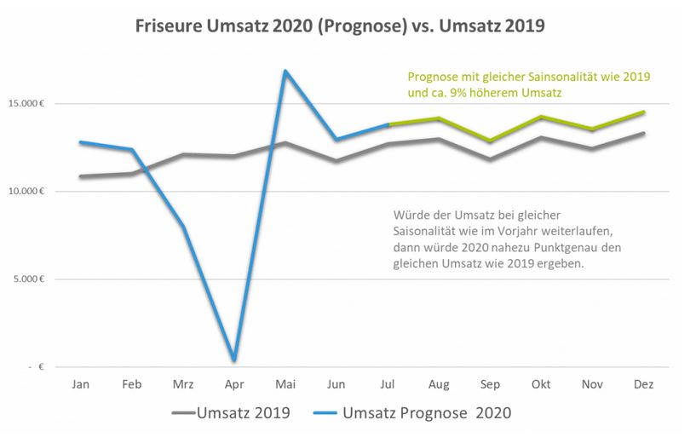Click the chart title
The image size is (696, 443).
[x=340, y=26]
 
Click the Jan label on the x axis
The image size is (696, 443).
[x=81, y=385]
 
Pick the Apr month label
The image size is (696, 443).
[x=233, y=385]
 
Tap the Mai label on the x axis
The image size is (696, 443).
[x=285, y=385]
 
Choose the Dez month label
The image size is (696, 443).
[x=644, y=385]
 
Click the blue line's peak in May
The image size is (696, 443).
[x=285, y=71]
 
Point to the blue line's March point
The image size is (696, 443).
[x=183, y=226]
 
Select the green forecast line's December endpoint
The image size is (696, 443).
[x=644, y=112]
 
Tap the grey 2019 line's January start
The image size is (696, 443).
[x=81, y=176]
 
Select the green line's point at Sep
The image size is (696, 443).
[x=490, y=141]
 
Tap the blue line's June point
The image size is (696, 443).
[x=337, y=139]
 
